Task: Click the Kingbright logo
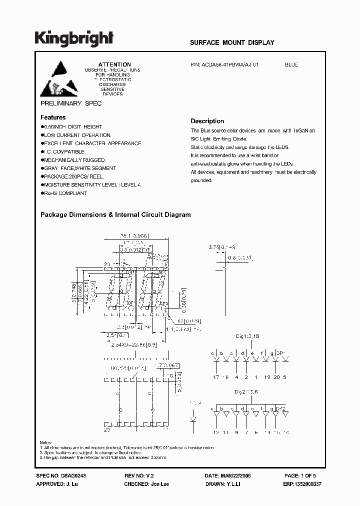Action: (74, 38)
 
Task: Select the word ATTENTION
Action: (114, 64)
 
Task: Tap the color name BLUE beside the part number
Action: (291, 64)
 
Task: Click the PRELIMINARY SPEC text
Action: (70, 103)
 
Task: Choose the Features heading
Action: (53, 117)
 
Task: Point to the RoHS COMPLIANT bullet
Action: (65, 193)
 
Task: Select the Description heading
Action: (207, 121)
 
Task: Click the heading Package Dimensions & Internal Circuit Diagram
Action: (115, 214)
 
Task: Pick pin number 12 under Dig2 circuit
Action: (215, 431)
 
